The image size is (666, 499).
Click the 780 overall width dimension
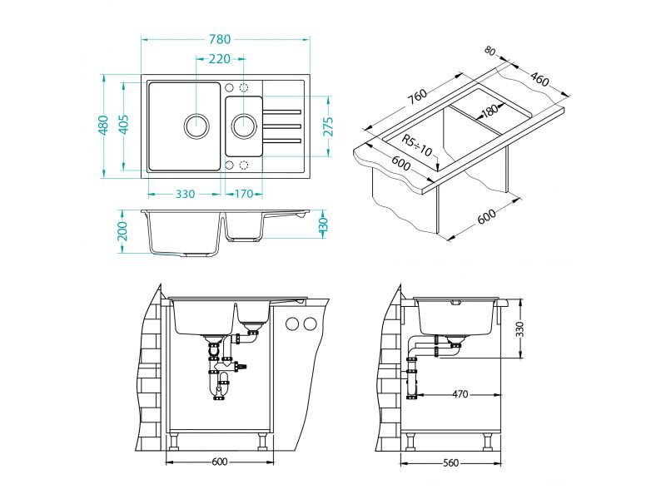220,39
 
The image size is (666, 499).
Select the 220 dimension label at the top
220,58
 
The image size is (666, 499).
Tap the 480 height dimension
103,126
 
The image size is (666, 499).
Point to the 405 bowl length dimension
123,124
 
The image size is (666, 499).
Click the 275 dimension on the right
328,126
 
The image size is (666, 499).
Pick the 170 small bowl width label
244,194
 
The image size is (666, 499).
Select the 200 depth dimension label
122,230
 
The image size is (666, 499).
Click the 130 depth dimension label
324,225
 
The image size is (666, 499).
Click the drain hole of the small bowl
244,126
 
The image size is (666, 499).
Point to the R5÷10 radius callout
417,146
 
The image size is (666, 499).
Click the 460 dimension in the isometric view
539,79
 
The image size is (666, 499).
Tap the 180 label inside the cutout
490,111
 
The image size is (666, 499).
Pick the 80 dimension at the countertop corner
490,51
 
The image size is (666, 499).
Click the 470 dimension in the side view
460,394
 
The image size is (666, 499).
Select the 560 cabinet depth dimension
450,462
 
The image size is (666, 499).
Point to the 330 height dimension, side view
519,329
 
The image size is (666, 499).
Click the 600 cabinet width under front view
220,462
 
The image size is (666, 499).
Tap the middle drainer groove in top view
282,126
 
